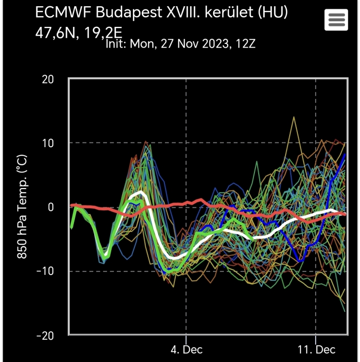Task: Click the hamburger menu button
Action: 336,20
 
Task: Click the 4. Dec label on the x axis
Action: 186,350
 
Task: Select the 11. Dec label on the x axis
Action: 316,350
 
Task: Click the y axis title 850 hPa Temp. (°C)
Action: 22,207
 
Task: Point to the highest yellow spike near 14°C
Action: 294,116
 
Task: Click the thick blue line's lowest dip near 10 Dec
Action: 300,260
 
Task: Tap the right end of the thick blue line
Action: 345,155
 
